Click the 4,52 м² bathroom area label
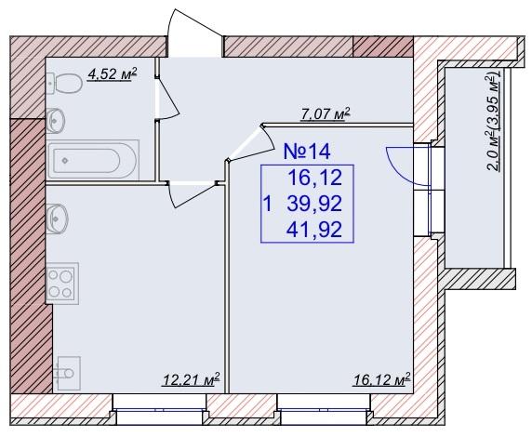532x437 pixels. point(112,74)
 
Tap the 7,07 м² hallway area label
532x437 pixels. point(326,114)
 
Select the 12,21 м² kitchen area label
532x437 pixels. point(192,379)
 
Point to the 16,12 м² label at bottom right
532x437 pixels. point(382,379)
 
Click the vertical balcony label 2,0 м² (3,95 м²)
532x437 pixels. point(494,121)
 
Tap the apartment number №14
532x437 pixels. point(307,152)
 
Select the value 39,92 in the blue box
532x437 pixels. point(314,204)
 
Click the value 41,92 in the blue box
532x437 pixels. point(314,230)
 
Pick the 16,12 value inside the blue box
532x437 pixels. point(315,178)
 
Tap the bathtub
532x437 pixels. point(93,160)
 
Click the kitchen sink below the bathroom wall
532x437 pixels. point(57,219)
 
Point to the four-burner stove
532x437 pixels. point(62,284)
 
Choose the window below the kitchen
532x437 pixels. point(159,410)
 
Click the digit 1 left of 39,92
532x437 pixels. point(268,205)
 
